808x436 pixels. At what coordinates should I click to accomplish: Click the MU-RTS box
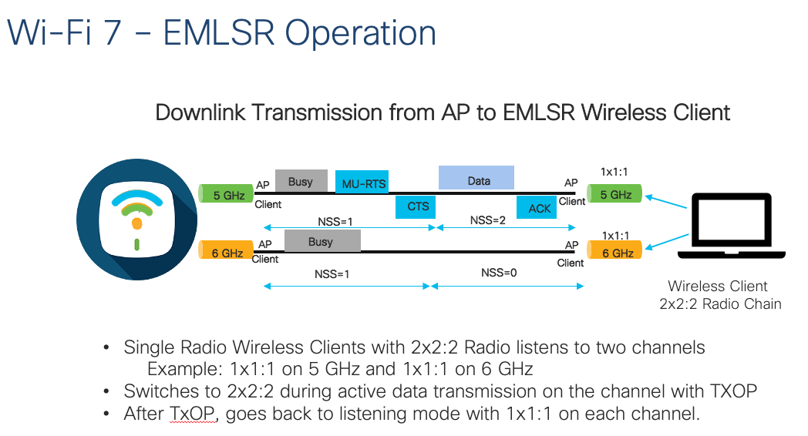click(362, 183)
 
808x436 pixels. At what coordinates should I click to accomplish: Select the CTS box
click(417, 206)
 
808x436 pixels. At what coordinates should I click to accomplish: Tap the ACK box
click(540, 207)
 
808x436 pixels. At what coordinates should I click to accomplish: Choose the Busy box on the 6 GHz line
click(322, 241)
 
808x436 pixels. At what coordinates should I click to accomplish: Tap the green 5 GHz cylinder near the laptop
click(614, 194)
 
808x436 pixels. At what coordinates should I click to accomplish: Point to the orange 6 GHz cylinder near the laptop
click(614, 252)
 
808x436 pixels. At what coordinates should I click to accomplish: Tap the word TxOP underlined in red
click(186, 414)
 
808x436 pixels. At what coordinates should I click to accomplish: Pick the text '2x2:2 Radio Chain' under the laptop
click(720, 304)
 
